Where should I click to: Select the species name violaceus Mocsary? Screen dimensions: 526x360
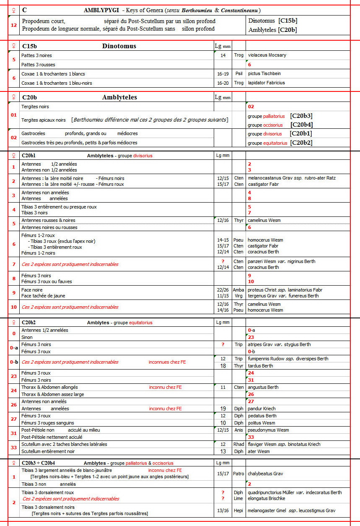267,55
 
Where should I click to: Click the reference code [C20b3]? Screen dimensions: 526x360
302,116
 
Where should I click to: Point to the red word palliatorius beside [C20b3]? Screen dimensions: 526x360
274,116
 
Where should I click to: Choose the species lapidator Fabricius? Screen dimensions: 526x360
266,83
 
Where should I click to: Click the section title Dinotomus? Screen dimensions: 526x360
119,46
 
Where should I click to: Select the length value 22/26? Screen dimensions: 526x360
223,290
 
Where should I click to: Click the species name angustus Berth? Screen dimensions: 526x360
263,387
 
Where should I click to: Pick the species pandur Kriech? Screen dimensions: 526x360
262,409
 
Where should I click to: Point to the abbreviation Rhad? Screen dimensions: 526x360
238,444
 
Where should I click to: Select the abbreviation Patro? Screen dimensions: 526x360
238,474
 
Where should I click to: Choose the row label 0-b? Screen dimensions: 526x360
14,362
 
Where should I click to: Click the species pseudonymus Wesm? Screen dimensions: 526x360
268,430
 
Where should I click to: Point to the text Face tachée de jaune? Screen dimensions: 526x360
44,296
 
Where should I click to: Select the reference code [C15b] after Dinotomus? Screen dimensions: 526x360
288,21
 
